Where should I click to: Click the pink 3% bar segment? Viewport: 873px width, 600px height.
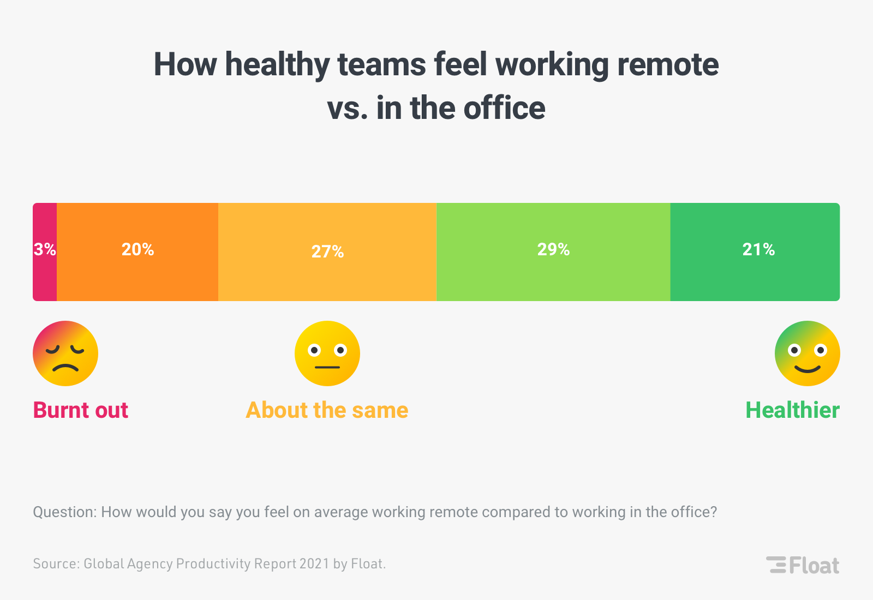pyautogui.click(x=45, y=273)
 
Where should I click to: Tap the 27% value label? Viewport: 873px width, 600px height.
pyautogui.click(x=327, y=251)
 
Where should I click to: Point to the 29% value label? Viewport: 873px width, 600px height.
pyautogui.click(x=553, y=249)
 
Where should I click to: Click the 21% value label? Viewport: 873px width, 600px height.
pyautogui.click(x=758, y=249)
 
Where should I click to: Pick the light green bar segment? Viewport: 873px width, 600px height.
pyautogui.click(x=553, y=278)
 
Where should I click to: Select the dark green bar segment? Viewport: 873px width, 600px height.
pyautogui.click(x=755, y=278)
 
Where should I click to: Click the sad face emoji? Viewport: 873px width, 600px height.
pyautogui.click(x=65, y=353)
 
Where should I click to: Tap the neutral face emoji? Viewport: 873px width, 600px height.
pyautogui.click(x=327, y=353)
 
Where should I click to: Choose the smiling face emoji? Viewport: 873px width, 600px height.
pyautogui.click(x=808, y=353)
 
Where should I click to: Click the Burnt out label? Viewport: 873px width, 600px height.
pyautogui.click(x=81, y=410)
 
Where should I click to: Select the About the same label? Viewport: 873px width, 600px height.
pyautogui.click(x=327, y=410)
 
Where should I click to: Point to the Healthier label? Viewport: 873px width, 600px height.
pyautogui.click(x=792, y=410)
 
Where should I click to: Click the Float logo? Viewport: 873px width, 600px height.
pyautogui.click(x=803, y=565)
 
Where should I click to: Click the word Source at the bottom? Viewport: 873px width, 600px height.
pyautogui.click(x=56, y=563)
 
